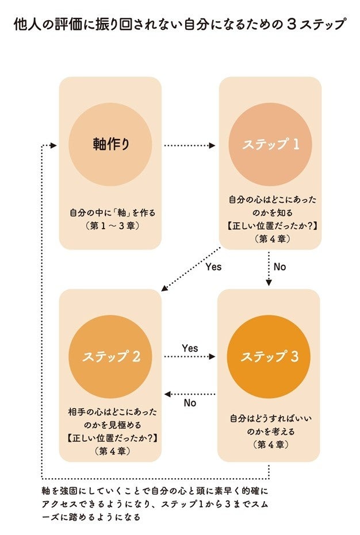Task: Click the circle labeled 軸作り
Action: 110,144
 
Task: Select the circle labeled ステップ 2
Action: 110,357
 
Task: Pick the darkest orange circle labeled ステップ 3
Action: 269,357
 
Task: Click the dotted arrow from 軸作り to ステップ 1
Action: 189,145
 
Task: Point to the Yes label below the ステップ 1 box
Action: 213,267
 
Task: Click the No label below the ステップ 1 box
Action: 279,267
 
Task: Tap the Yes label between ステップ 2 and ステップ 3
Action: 189,348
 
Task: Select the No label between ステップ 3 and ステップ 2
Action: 190,403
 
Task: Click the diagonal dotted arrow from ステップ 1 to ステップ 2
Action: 190,268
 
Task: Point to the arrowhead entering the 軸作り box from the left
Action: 52,145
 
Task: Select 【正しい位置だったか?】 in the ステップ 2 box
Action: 110,438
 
